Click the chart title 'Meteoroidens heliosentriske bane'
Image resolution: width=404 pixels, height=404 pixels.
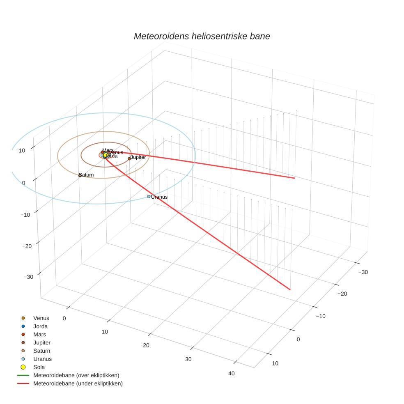[x=202, y=36]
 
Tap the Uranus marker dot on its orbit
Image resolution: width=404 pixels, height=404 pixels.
[x=149, y=196]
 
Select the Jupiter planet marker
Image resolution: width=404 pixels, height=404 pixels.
[x=129, y=158]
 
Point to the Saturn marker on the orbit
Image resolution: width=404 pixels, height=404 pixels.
[x=80, y=175]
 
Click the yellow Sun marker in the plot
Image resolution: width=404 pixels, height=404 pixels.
[x=106, y=155]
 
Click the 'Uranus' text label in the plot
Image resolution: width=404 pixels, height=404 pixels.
[x=159, y=197]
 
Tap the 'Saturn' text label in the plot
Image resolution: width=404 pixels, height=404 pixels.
[x=87, y=175]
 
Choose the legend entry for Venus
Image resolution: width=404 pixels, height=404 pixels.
[x=41, y=318]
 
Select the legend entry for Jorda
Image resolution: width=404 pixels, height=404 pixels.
[x=40, y=326]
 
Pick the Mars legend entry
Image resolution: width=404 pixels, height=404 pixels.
[x=39, y=335]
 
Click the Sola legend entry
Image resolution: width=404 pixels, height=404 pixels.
[x=39, y=367]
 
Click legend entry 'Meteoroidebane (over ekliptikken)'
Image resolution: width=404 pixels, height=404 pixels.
[x=76, y=375]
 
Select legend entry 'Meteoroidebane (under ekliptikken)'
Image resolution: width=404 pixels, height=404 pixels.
[x=78, y=383]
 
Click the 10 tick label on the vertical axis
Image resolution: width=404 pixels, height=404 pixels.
[x=22, y=150]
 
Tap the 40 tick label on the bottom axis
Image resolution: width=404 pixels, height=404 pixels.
[x=232, y=373]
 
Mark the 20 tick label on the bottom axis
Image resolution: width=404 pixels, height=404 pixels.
[x=146, y=345]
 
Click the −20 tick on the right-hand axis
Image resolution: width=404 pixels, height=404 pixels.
[x=342, y=294]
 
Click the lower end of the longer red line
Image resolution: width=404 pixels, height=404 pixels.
[x=290, y=289]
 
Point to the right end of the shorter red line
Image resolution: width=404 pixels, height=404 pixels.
[x=294, y=178]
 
